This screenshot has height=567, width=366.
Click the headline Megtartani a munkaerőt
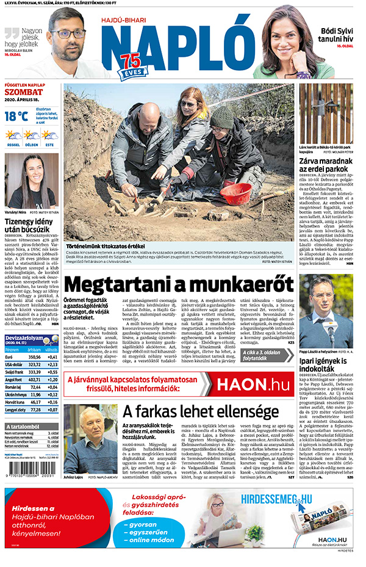pos(174,285)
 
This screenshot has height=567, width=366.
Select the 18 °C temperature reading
pos(16,115)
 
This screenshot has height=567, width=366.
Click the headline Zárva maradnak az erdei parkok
pos(326,166)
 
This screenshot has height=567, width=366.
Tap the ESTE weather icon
pos(49,135)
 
